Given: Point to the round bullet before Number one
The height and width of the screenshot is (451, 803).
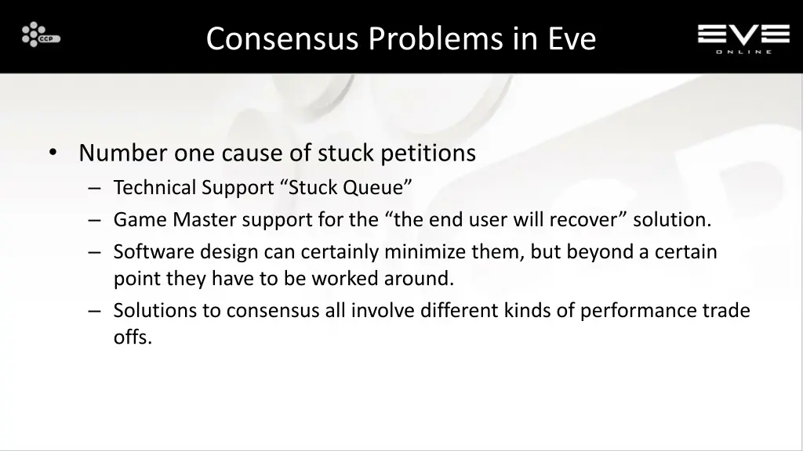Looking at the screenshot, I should pyautogui.click(x=52, y=153).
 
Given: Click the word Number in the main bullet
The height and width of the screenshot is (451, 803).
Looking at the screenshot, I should pyautogui.click(x=122, y=153).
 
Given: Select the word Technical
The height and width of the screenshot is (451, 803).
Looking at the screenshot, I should pyautogui.click(x=154, y=188).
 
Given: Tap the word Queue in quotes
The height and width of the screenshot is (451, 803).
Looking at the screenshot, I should pyautogui.click(x=380, y=188).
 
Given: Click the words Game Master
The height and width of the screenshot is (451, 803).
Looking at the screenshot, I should pyautogui.click(x=175, y=220).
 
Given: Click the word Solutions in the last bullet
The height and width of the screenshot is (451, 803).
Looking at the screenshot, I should pyautogui.click(x=155, y=311).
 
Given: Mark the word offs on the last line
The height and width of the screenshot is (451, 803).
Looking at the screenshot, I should pyautogui.click(x=132, y=337).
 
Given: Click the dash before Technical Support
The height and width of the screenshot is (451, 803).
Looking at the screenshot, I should pyautogui.click(x=94, y=189).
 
